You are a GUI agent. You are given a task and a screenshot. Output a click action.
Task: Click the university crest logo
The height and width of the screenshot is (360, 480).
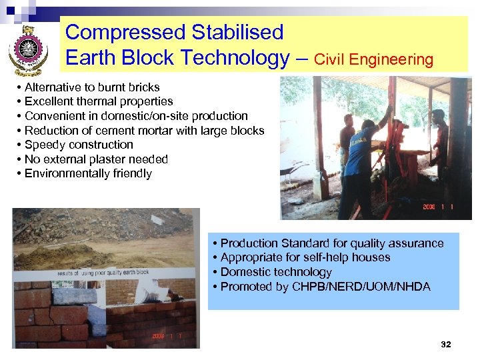[29, 50]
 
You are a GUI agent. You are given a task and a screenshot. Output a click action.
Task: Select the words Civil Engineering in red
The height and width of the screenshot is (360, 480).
[373, 60]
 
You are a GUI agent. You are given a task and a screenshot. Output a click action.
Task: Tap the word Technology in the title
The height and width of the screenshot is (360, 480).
[230, 58]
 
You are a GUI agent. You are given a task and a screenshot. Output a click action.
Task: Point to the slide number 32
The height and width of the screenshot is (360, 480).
[446, 344]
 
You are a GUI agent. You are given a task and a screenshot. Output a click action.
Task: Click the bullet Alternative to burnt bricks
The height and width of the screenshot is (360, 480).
[92, 87]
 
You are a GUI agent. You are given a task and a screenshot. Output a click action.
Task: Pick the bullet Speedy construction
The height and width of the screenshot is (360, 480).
[79, 145]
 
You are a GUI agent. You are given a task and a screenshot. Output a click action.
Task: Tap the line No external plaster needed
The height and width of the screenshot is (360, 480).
[96, 159]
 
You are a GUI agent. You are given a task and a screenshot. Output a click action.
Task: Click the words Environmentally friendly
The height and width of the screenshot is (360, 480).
[88, 173]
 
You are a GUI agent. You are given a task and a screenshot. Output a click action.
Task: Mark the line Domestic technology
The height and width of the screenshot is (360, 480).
[275, 272]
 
